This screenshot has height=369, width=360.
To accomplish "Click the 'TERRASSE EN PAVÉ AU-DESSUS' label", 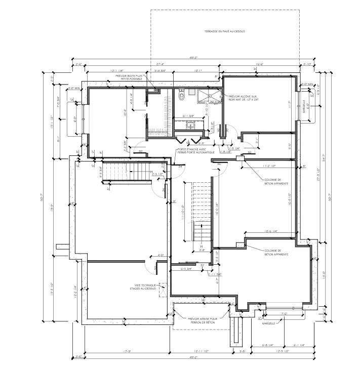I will tap(224, 31).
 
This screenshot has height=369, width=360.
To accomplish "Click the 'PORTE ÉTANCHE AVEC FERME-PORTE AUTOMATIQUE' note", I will tap(196, 151).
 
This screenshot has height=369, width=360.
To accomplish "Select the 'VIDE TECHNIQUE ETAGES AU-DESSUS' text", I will tap(142, 288).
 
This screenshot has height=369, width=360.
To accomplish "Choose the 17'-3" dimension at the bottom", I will tap(127, 351).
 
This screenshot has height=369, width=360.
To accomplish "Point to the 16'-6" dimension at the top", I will tap(260, 64).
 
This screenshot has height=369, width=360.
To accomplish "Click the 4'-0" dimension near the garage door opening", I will tap(161, 255).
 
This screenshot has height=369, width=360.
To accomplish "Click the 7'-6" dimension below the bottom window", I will tap(283, 314).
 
